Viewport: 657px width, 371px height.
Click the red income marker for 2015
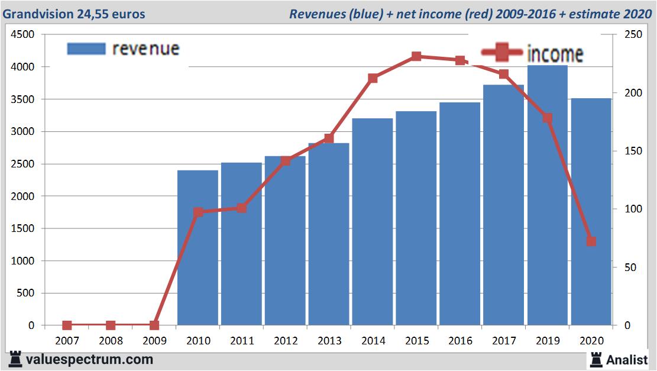pos(416,57)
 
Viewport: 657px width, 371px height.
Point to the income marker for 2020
pos(591,241)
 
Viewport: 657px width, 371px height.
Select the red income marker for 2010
pos(198,212)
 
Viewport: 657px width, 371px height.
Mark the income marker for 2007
pos(67,325)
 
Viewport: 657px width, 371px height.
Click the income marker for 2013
pos(329,138)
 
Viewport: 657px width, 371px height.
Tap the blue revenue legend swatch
pos(86,49)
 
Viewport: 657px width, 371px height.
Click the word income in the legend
pos(554,54)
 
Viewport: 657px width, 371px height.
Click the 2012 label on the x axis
pos(286,341)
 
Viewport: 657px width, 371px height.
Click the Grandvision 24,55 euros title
pos(74,14)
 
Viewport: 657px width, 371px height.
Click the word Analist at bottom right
pos(627,359)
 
